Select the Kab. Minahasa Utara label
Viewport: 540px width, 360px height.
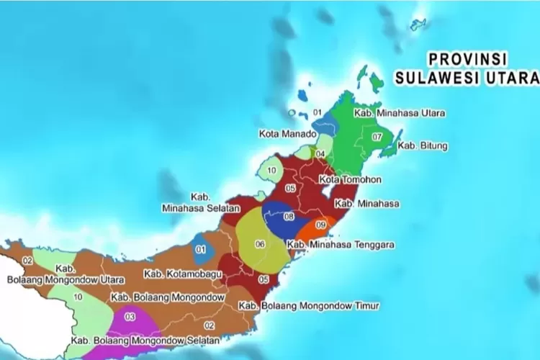tap(400, 114)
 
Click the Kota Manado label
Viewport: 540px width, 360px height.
tap(287, 134)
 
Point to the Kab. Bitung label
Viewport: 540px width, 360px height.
tap(423, 146)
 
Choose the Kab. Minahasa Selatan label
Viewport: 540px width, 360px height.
tap(194, 202)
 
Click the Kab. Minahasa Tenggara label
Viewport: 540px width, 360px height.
tap(341, 245)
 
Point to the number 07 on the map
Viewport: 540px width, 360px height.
tap(377, 137)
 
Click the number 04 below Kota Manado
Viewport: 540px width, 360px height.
tap(320, 154)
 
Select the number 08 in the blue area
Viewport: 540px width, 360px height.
tap(289, 216)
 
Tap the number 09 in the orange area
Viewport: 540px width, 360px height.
tap(321, 226)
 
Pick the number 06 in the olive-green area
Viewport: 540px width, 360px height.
tap(260, 244)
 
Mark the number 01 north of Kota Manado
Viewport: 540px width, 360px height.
tap(318, 113)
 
